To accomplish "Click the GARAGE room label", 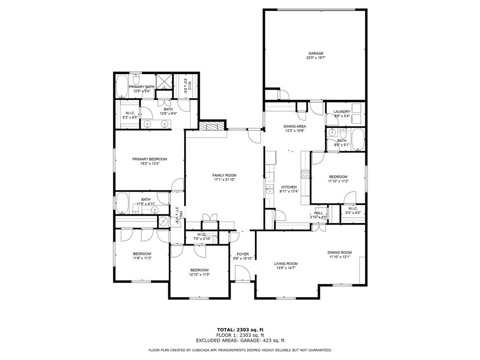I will pyautogui.click(x=315, y=53).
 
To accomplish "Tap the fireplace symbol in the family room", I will pyautogui.click(x=209, y=126).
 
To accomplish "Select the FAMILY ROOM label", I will pyautogui.click(x=224, y=175).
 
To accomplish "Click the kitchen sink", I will pyautogui.click(x=270, y=189).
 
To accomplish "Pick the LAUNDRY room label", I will pyautogui.click(x=342, y=112).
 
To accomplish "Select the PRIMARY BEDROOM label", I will pyautogui.click(x=150, y=159).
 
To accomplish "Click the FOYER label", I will pyautogui.click(x=242, y=254).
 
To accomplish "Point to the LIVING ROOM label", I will pyautogui.click(x=286, y=263).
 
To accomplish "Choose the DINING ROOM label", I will pyautogui.click(x=339, y=253).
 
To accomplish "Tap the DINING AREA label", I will pyautogui.click(x=295, y=127).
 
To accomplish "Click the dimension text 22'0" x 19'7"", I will pyautogui.click(x=315, y=58).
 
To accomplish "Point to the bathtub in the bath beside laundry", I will pyautogui.click(x=358, y=140).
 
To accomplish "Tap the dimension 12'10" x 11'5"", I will pyautogui.click(x=199, y=275).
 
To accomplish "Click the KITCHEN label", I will pyautogui.click(x=288, y=187).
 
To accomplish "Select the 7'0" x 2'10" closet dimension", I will pyautogui.click(x=202, y=239).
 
